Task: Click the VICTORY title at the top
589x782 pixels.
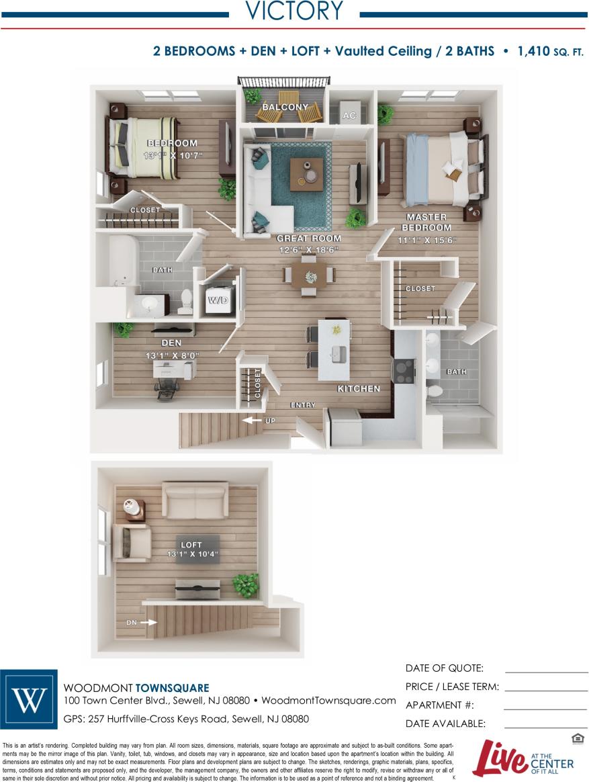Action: coord(294,11)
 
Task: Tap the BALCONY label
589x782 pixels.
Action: coord(285,107)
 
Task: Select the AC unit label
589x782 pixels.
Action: coord(349,116)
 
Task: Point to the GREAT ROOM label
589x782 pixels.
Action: coord(309,238)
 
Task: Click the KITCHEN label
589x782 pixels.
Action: coord(359,389)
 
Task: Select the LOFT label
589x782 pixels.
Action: coord(191,545)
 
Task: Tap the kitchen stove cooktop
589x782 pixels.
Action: coord(404,370)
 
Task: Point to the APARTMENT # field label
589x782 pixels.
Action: coord(440,705)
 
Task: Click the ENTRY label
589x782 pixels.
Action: coord(302,405)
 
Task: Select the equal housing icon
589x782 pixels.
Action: coord(578,740)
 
